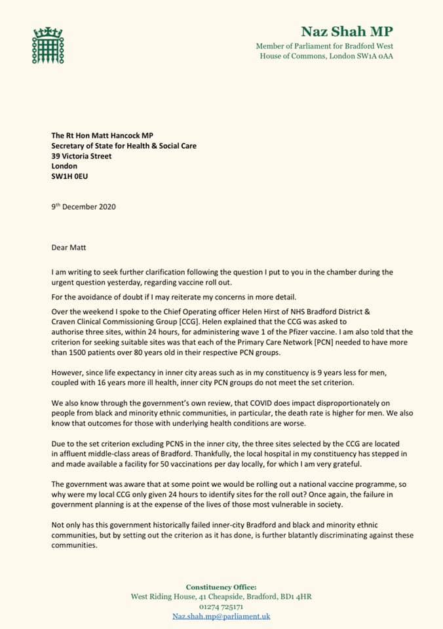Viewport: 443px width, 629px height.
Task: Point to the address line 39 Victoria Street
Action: coord(82,157)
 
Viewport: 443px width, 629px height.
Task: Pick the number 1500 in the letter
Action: coord(82,353)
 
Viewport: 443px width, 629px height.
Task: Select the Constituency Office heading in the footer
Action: coord(221,587)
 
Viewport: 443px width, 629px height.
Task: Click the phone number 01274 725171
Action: coord(221,607)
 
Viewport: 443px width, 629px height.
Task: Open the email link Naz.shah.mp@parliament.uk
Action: coord(221,617)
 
